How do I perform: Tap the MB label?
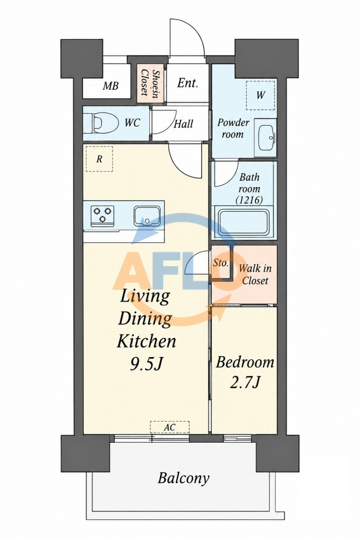[111, 86]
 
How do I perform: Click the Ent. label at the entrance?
[187, 83]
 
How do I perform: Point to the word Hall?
[183, 124]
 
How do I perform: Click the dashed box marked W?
[261, 95]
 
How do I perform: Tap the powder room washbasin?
[265, 138]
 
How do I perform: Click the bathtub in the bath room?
[244, 222]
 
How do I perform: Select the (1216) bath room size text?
[249, 200]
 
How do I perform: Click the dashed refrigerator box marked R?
[99, 158]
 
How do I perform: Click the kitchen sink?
[147, 216]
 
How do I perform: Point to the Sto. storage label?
[221, 263]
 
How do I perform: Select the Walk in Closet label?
[255, 274]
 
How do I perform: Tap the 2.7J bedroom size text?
[244, 382]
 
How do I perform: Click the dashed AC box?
[169, 427]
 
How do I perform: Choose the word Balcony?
[184, 478]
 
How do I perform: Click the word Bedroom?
[245, 362]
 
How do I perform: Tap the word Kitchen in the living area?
[147, 341]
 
